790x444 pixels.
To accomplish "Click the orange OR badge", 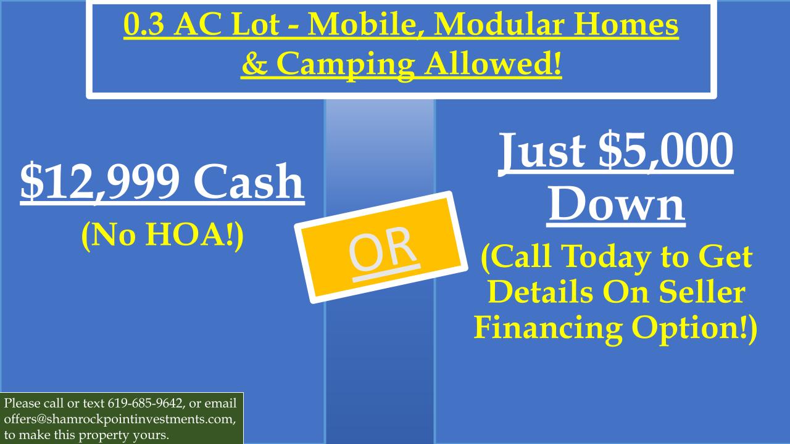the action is point(381,247).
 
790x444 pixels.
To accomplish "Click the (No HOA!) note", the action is point(162,236).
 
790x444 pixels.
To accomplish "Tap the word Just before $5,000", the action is point(542,151).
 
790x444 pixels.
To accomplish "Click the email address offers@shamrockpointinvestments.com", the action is point(119,419).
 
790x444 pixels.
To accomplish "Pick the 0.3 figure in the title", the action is point(143,25).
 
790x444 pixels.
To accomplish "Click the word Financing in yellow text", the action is point(548,328).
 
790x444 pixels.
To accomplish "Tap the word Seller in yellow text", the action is point(702,292).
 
